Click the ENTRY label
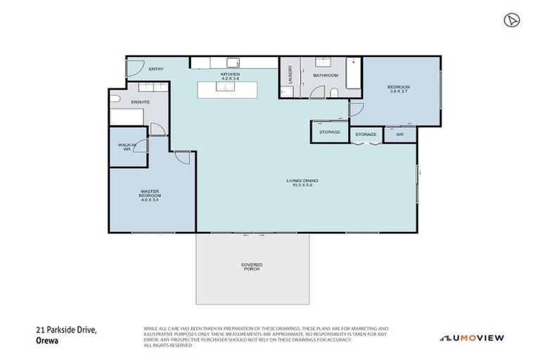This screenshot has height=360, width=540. (156, 69)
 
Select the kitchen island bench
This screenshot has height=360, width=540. (227, 90)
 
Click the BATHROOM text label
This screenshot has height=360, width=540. (326, 75)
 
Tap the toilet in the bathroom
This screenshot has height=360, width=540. (334, 93)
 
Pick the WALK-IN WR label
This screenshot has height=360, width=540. (127, 147)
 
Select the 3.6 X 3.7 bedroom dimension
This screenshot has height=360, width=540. (398, 91)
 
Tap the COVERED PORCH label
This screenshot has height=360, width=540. (252, 267)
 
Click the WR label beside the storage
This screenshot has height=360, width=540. (399, 134)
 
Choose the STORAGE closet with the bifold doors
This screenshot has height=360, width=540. (365, 134)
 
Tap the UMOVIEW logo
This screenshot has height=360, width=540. (472, 338)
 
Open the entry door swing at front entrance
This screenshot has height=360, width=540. (134, 68)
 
